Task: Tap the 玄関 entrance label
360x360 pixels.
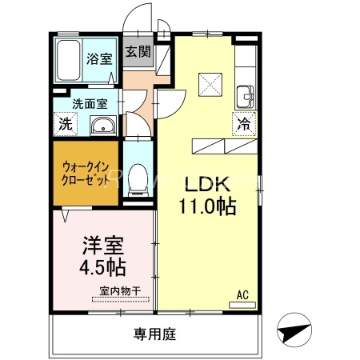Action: click(137, 53)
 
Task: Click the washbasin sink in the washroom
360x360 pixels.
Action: click(103, 125)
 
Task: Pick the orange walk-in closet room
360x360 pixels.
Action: click(87, 173)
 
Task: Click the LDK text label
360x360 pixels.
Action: click(206, 181)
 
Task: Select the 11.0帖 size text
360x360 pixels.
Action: click(206, 206)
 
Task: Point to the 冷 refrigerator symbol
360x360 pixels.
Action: click(243, 124)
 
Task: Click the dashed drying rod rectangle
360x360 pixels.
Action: click(121, 300)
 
